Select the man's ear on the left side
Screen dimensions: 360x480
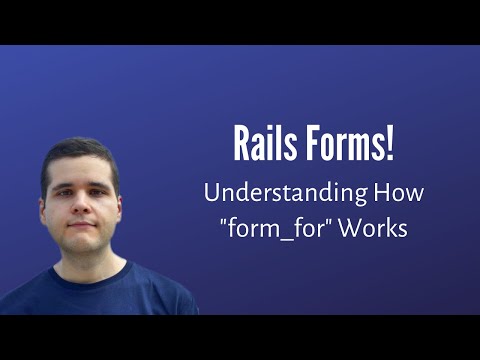[42, 210]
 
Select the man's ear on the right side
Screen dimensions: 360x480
[121, 208]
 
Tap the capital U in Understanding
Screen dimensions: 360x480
[212, 191]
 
